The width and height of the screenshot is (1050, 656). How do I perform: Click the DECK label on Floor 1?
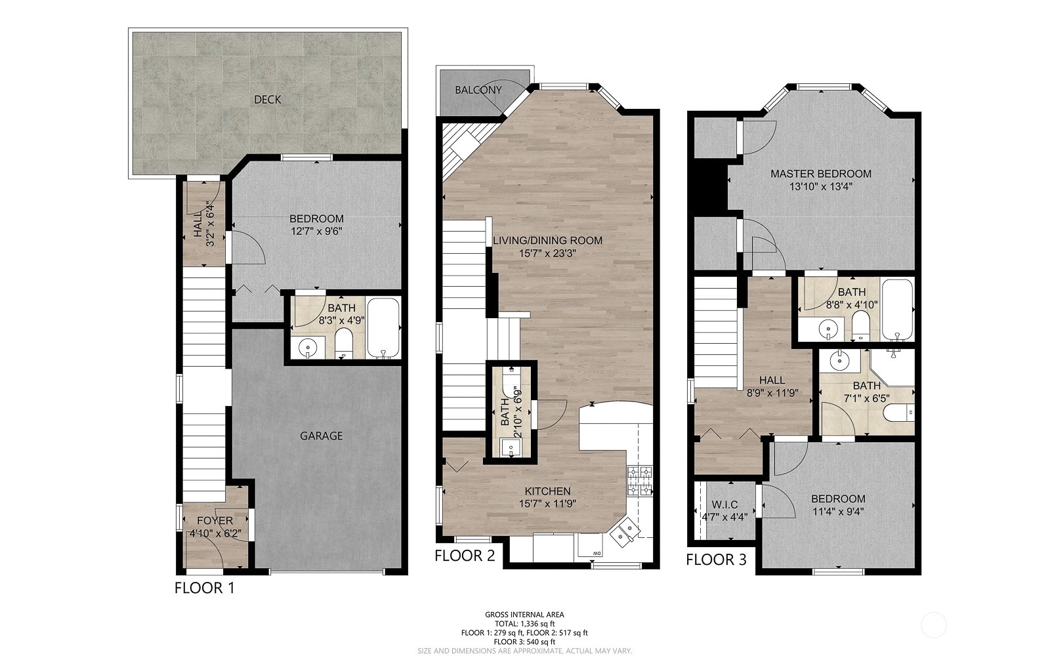267,99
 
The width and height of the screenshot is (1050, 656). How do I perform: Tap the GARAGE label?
321,436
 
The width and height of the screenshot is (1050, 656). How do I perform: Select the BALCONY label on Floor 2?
478,90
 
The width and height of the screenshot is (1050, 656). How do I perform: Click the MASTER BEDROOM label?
821,174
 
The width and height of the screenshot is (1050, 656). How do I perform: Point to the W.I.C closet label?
724,504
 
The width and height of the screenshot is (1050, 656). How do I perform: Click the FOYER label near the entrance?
215,521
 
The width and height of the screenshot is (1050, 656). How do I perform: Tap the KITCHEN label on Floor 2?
547,491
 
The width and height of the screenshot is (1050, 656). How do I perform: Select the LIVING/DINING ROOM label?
547,241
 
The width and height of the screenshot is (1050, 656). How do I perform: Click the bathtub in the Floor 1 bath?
383,328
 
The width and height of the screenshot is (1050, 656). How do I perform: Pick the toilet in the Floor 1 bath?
344,344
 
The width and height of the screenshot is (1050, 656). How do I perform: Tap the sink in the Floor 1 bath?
308,348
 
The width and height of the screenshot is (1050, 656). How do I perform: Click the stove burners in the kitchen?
640,481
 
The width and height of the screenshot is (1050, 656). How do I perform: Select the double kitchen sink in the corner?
624,533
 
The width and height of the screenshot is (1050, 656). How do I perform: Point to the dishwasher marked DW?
590,546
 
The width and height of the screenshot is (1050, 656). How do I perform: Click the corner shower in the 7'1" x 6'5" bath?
892,367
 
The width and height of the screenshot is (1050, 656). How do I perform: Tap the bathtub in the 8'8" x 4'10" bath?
897,310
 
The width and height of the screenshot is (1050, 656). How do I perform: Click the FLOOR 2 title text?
465,556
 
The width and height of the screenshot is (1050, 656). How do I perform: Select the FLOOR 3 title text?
716,560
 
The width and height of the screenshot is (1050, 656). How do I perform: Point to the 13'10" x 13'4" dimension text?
821,186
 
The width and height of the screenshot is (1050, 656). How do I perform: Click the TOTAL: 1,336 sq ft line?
524,624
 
